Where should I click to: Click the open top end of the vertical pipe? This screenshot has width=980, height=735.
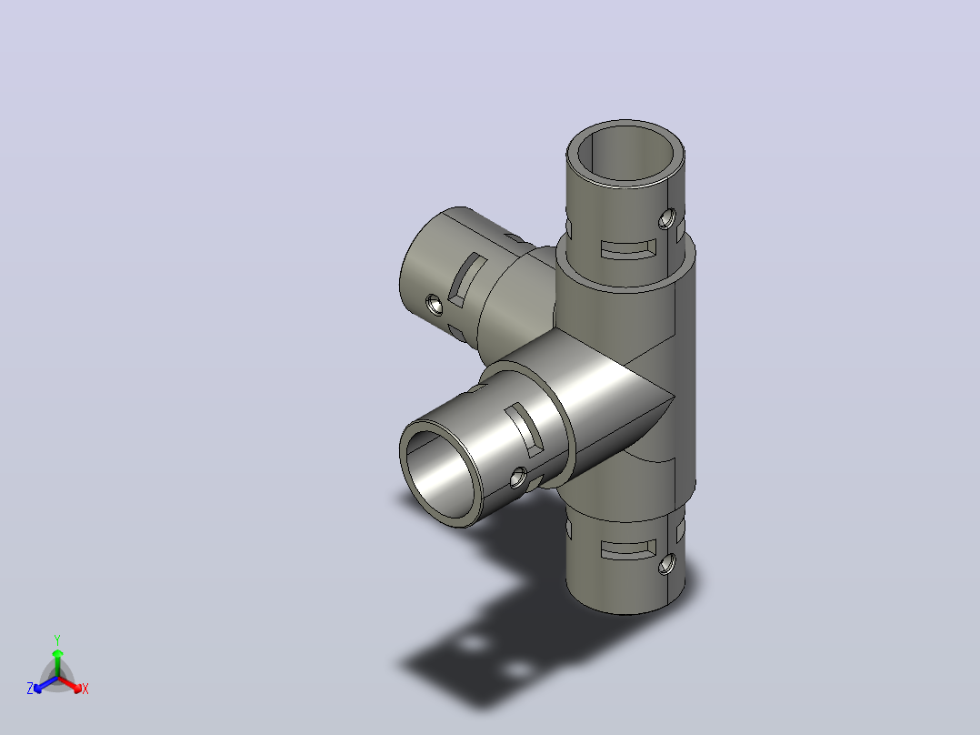(x=625, y=153)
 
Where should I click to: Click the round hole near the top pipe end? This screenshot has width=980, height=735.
(x=667, y=219)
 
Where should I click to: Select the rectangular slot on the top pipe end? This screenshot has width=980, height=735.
(x=628, y=249)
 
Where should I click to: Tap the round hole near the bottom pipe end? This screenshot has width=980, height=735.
(x=667, y=564)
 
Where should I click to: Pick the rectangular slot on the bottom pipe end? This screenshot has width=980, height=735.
(x=628, y=549)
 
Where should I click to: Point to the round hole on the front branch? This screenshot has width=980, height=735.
(x=517, y=478)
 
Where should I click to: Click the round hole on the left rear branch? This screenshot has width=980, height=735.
(x=434, y=306)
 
